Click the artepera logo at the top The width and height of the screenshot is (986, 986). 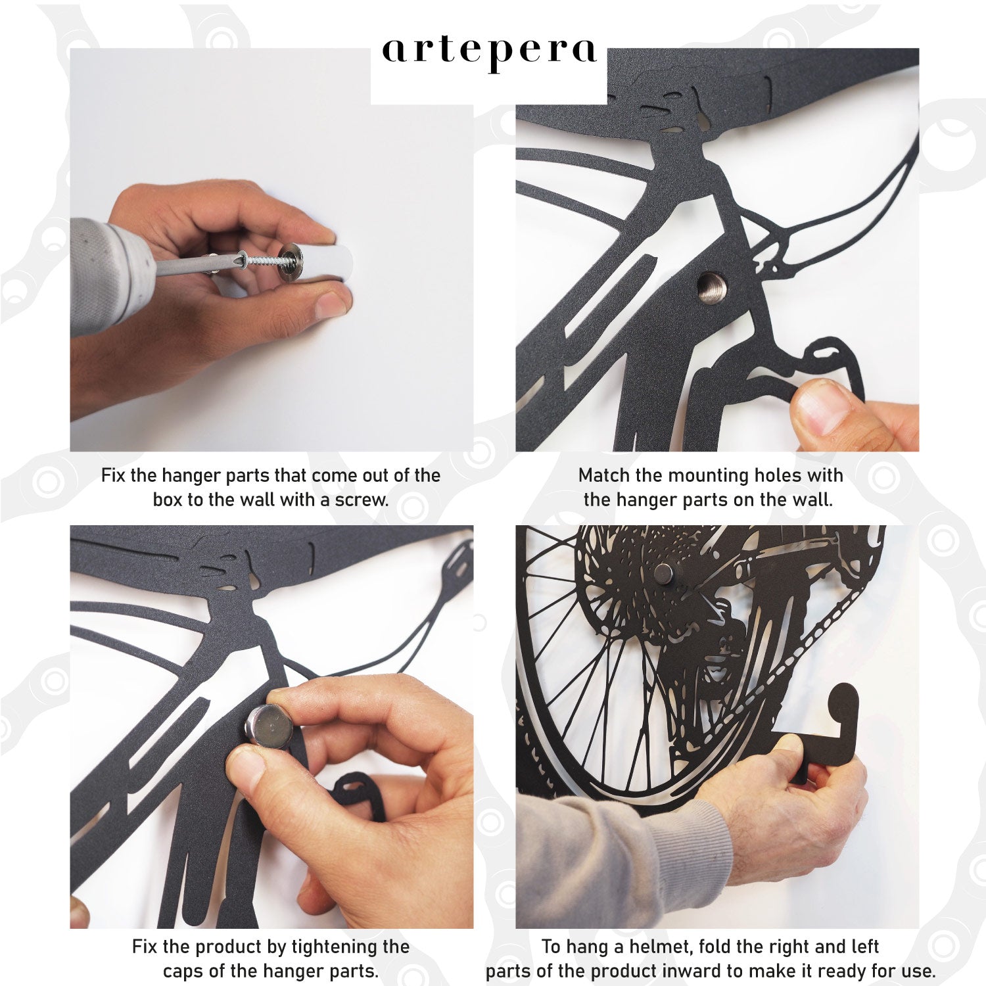pos(490,53)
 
